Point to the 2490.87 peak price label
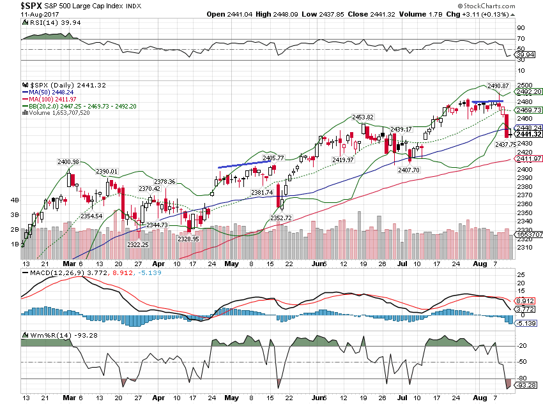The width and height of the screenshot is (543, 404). click(x=498, y=86)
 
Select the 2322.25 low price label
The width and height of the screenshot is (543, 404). click(x=137, y=245)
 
